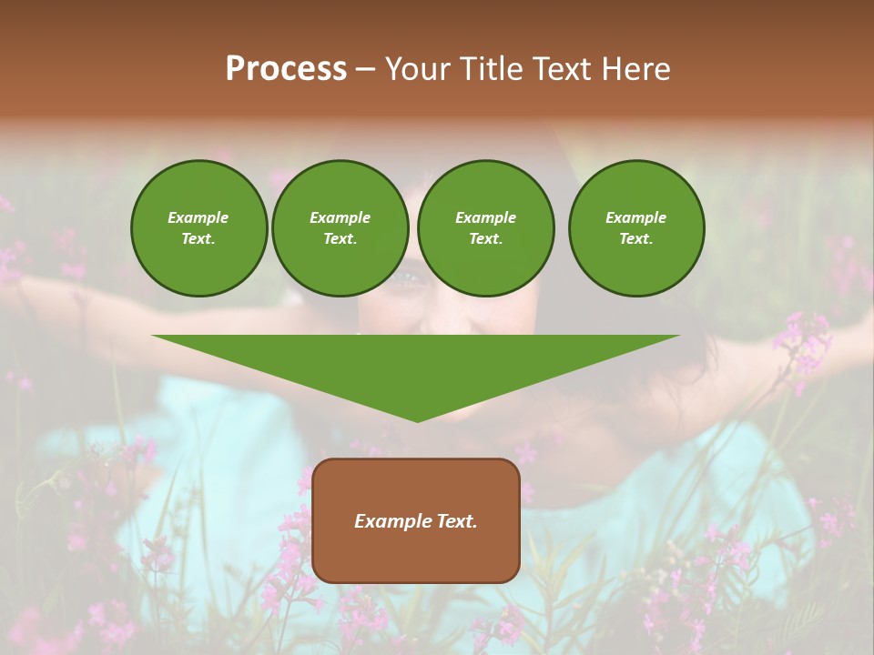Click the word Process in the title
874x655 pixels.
tap(286, 69)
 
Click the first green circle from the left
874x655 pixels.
tap(199, 228)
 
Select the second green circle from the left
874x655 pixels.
tap(340, 228)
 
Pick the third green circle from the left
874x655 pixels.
tap(486, 228)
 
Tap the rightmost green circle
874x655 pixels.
tap(636, 228)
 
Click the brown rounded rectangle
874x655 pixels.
tap(416, 520)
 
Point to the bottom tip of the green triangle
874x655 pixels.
tap(417, 421)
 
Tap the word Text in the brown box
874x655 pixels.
tap(455, 521)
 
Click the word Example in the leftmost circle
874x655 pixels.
tap(198, 217)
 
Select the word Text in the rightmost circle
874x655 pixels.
tap(635, 239)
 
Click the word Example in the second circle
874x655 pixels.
tap(340, 217)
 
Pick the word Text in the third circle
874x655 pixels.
tap(485, 239)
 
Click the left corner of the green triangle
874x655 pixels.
tap(154, 337)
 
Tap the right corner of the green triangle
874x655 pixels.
tap(678, 337)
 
